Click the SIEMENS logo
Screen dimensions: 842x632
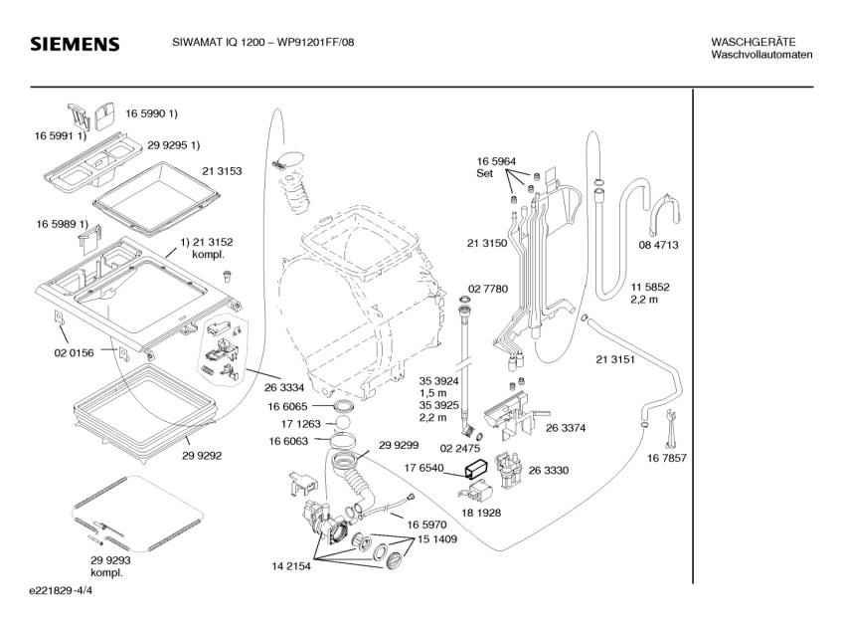click(x=75, y=44)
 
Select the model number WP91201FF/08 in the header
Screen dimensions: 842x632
click(x=315, y=42)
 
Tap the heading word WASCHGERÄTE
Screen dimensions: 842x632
click(x=754, y=42)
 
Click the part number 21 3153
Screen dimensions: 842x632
click(x=222, y=171)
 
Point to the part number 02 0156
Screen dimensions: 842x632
click(x=74, y=353)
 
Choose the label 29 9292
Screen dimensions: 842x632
click(x=202, y=456)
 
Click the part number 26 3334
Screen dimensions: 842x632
click(x=284, y=387)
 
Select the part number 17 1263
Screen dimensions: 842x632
click(x=300, y=424)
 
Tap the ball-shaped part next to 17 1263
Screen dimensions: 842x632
click(x=342, y=422)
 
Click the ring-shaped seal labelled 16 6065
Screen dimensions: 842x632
click(x=343, y=405)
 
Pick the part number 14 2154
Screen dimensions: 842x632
click(x=291, y=566)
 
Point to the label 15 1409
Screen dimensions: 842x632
click(x=437, y=539)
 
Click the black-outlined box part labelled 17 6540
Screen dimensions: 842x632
click(x=475, y=469)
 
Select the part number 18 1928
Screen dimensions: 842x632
click(x=481, y=514)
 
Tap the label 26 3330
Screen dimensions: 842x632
click(x=549, y=471)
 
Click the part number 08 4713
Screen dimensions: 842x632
click(x=658, y=245)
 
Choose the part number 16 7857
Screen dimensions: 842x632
click(x=666, y=459)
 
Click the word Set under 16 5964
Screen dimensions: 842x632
click(x=484, y=173)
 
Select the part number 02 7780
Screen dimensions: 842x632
click(x=487, y=290)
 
